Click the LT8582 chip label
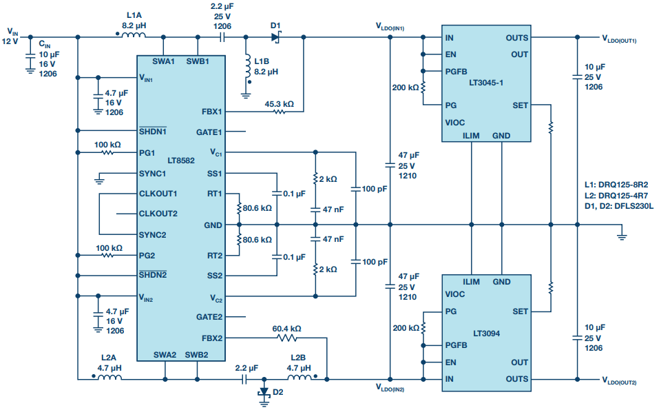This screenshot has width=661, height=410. pos(181,160)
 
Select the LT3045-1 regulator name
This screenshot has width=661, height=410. pos(487,83)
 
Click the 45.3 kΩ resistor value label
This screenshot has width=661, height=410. pos(279,104)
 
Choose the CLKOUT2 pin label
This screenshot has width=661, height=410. pos(158,214)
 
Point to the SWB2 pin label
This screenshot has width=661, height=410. pos(196,356)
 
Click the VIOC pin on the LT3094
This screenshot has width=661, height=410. pos(456,294)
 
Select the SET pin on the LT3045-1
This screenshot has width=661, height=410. pos(521,105)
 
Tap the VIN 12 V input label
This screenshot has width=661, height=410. pos(12,36)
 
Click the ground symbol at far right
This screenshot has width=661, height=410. pos(622,236)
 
